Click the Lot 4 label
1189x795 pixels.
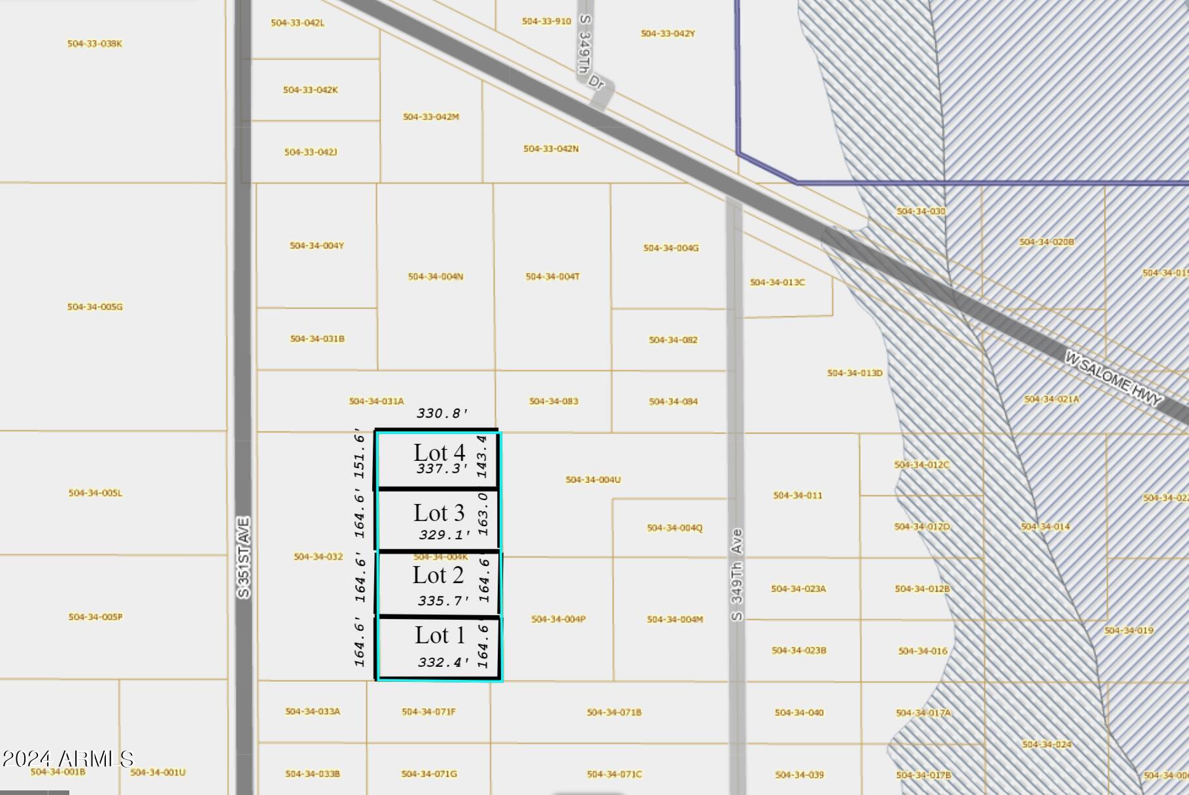(439, 452)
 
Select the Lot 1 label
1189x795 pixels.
(439, 635)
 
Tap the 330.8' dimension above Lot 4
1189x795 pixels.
(443, 413)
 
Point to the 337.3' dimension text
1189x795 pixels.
(443, 469)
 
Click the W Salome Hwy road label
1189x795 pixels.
(1114, 379)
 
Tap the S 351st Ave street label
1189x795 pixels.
(243, 557)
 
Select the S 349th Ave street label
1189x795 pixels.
(737, 575)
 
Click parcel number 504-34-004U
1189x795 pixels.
(593, 480)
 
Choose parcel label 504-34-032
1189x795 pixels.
(318, 557)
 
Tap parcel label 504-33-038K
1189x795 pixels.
(95, 44)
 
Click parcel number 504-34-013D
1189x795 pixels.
(855, 373)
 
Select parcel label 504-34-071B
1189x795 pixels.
(614, 712)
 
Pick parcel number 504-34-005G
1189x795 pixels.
(95, 307)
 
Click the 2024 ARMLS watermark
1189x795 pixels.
(67, 759)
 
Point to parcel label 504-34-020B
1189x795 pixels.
(1046, 242)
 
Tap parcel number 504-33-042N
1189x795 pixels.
(551, 149)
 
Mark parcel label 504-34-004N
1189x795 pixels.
(436, 277)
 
